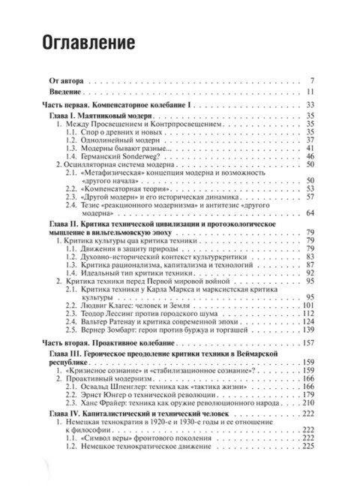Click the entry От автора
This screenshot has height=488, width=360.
(65, 80)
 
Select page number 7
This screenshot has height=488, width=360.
(319, 80)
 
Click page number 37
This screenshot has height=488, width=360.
(316, 139)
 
